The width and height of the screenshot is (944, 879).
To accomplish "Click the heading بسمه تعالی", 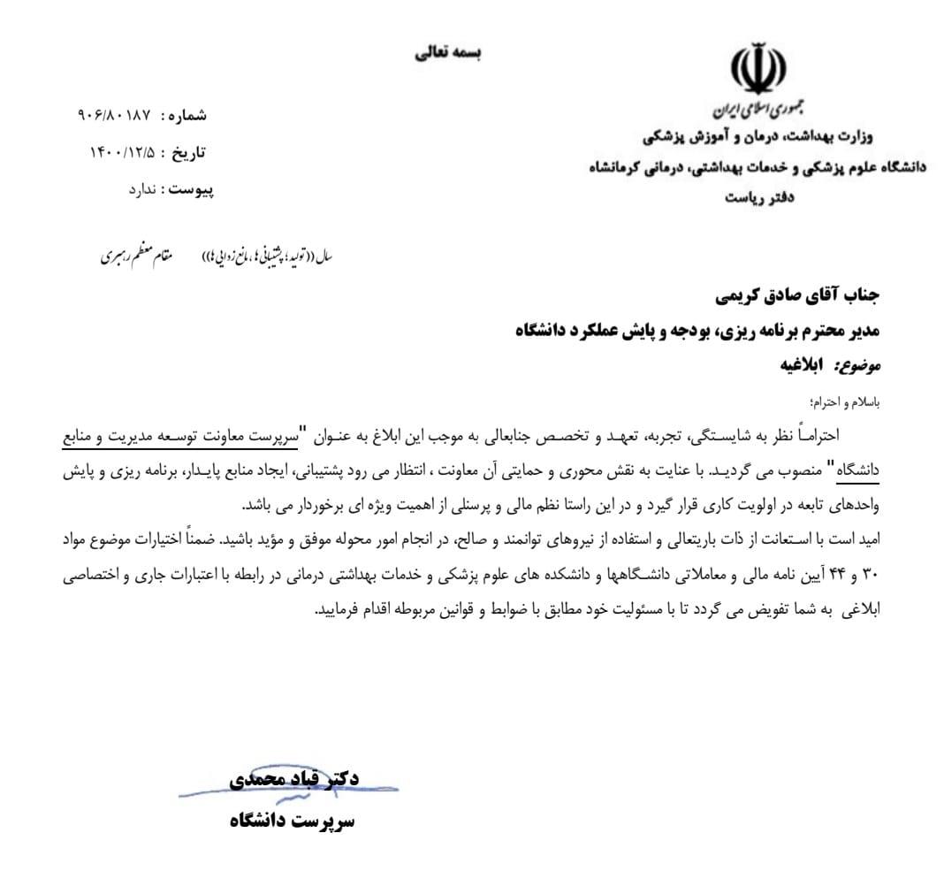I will [x=450, y=51].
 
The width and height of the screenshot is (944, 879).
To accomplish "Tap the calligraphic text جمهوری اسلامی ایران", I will [x=750, y=111].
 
